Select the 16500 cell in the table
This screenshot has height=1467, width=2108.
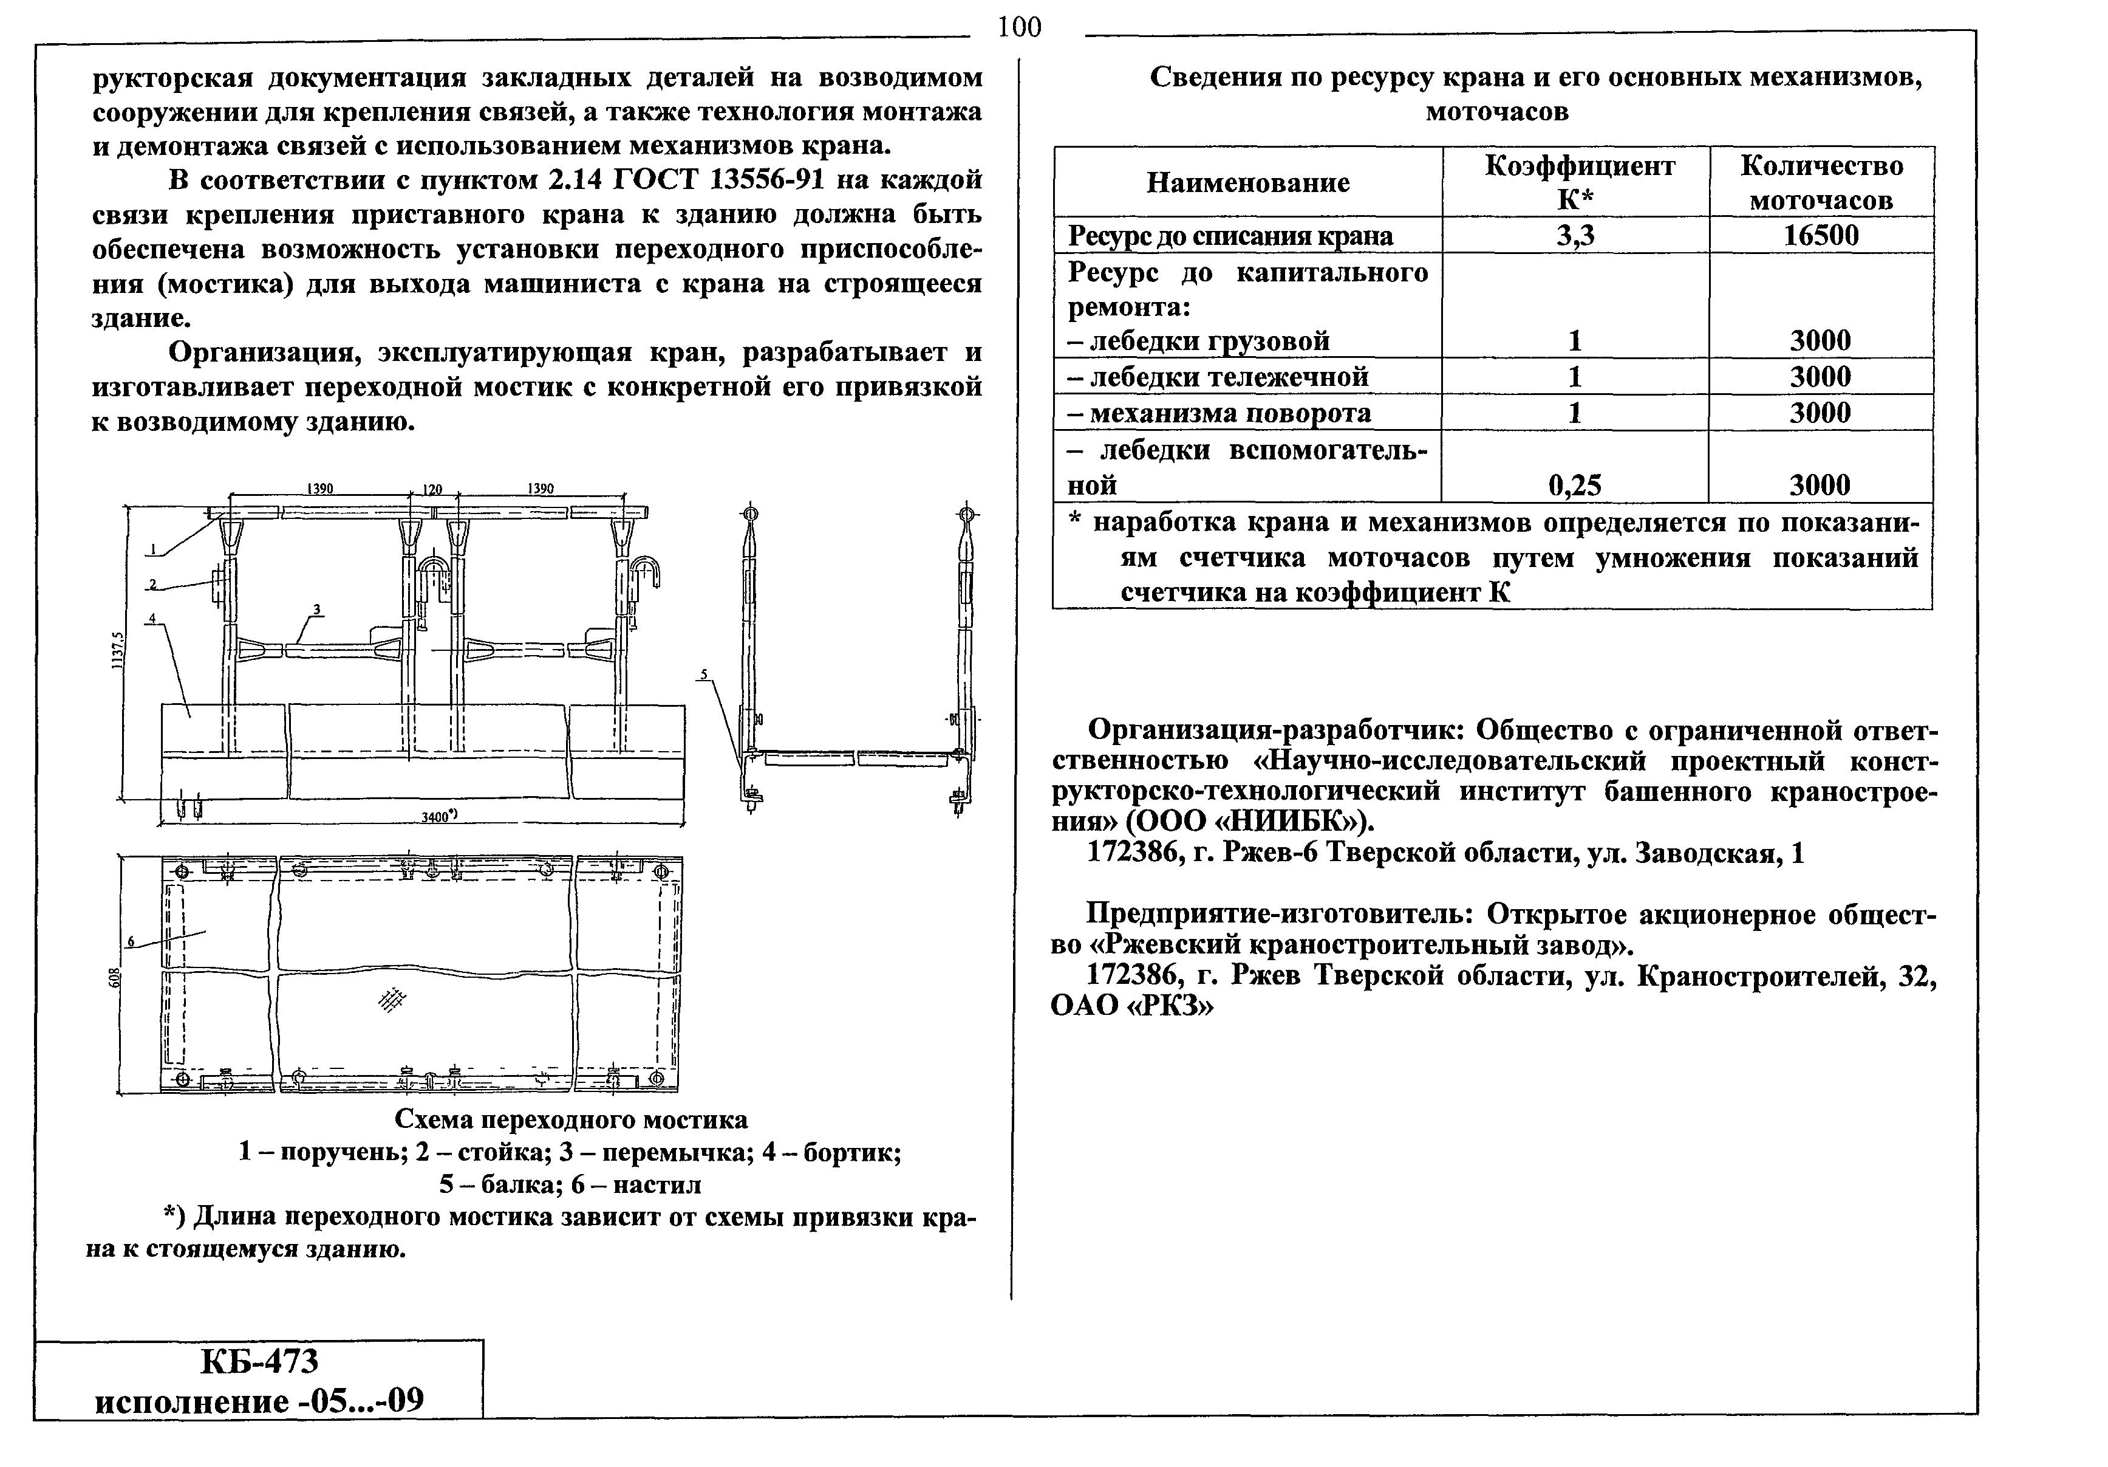coord(1821,236)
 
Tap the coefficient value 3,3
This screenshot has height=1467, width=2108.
coord(1575,236)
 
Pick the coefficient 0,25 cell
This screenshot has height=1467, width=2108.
coord(1575,485)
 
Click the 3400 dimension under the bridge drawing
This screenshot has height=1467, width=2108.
coord(439,815)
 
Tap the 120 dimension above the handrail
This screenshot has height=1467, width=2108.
coord(432,489)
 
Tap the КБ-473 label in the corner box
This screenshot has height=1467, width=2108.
coord(259,1361)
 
